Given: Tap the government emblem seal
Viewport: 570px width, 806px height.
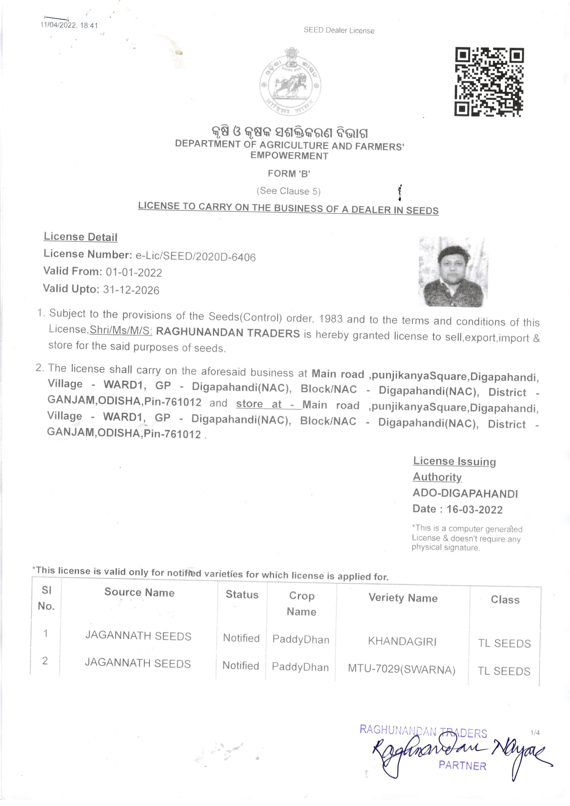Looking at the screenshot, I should pos(290,82).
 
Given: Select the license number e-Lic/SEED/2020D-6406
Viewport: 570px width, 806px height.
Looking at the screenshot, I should pos(196,257).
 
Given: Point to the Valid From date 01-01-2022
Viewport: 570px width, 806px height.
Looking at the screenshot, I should pos(134,272).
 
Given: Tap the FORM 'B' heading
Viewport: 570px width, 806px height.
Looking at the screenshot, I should pos(289,174).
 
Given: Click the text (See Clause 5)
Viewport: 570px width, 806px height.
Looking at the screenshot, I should pos(289,191).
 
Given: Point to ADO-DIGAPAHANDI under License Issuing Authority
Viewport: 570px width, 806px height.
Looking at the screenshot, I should pos(465,494).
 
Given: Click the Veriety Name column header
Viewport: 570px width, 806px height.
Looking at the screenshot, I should pos(403,598).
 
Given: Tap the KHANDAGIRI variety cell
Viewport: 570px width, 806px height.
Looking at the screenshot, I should pos(402,641).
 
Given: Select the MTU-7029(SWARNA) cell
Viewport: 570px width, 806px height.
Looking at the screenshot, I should pos(402,669).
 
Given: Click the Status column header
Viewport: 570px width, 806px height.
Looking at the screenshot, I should pos(242,594).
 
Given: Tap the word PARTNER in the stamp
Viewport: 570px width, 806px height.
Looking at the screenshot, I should pos(463,766).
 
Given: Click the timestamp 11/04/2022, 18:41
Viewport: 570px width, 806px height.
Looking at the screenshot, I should pos(69,25).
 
